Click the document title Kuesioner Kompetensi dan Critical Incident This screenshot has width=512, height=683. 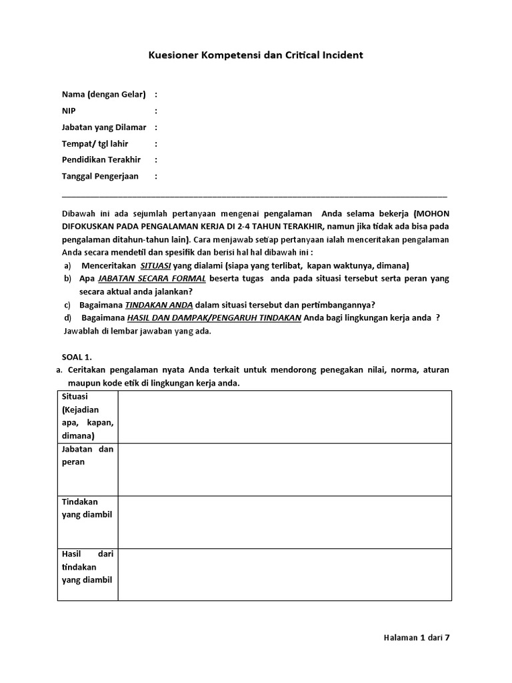click(255, 55)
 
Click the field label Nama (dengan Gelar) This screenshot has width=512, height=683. click(103, 94)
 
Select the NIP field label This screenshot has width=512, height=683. click(69, 111)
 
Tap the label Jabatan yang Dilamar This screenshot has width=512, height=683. click(103, 127)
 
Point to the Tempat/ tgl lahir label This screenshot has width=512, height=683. click(95, 143)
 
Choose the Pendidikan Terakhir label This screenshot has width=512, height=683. click(101, 160)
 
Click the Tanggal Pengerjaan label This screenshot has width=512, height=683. click(100, 177)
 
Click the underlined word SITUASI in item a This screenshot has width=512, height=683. click(155, 265)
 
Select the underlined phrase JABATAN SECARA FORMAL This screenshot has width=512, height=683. click(151, 277)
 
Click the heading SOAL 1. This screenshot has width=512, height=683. click(75, 357)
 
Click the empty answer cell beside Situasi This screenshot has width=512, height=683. click(285, 417)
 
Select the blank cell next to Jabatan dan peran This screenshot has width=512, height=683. click(285, 470)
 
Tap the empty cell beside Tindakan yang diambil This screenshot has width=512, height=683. click(285, 522)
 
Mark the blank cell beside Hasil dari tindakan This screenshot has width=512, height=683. click(285, 574)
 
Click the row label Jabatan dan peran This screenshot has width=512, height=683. click(87, 456)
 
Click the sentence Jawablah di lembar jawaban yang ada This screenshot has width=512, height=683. click(137, 331)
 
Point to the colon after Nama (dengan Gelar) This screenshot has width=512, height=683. click(156, 94)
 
